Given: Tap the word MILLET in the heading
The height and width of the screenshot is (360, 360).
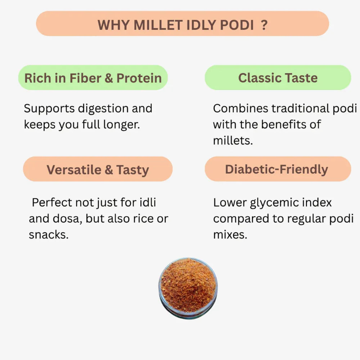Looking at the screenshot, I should (x=159, y=25).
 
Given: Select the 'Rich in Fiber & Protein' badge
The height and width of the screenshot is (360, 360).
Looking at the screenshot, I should (x=93, y=78).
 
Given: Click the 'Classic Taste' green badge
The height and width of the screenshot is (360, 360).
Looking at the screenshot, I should (x=278, y=78).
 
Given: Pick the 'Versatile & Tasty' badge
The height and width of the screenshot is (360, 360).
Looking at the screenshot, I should (x=98, y=170).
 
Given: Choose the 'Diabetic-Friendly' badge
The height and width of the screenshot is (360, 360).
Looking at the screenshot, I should (x=277, y=169).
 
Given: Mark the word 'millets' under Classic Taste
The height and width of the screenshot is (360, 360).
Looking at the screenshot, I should (x=233, y=140).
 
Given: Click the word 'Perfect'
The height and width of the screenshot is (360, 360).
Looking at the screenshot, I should (x=52, y=202).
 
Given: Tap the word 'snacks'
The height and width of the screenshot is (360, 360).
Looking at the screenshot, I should (x=48, y=235).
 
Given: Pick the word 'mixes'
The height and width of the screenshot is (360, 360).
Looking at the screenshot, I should (x=230, y=235).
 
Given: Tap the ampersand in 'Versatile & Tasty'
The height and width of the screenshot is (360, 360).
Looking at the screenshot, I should (x=108, y=170).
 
